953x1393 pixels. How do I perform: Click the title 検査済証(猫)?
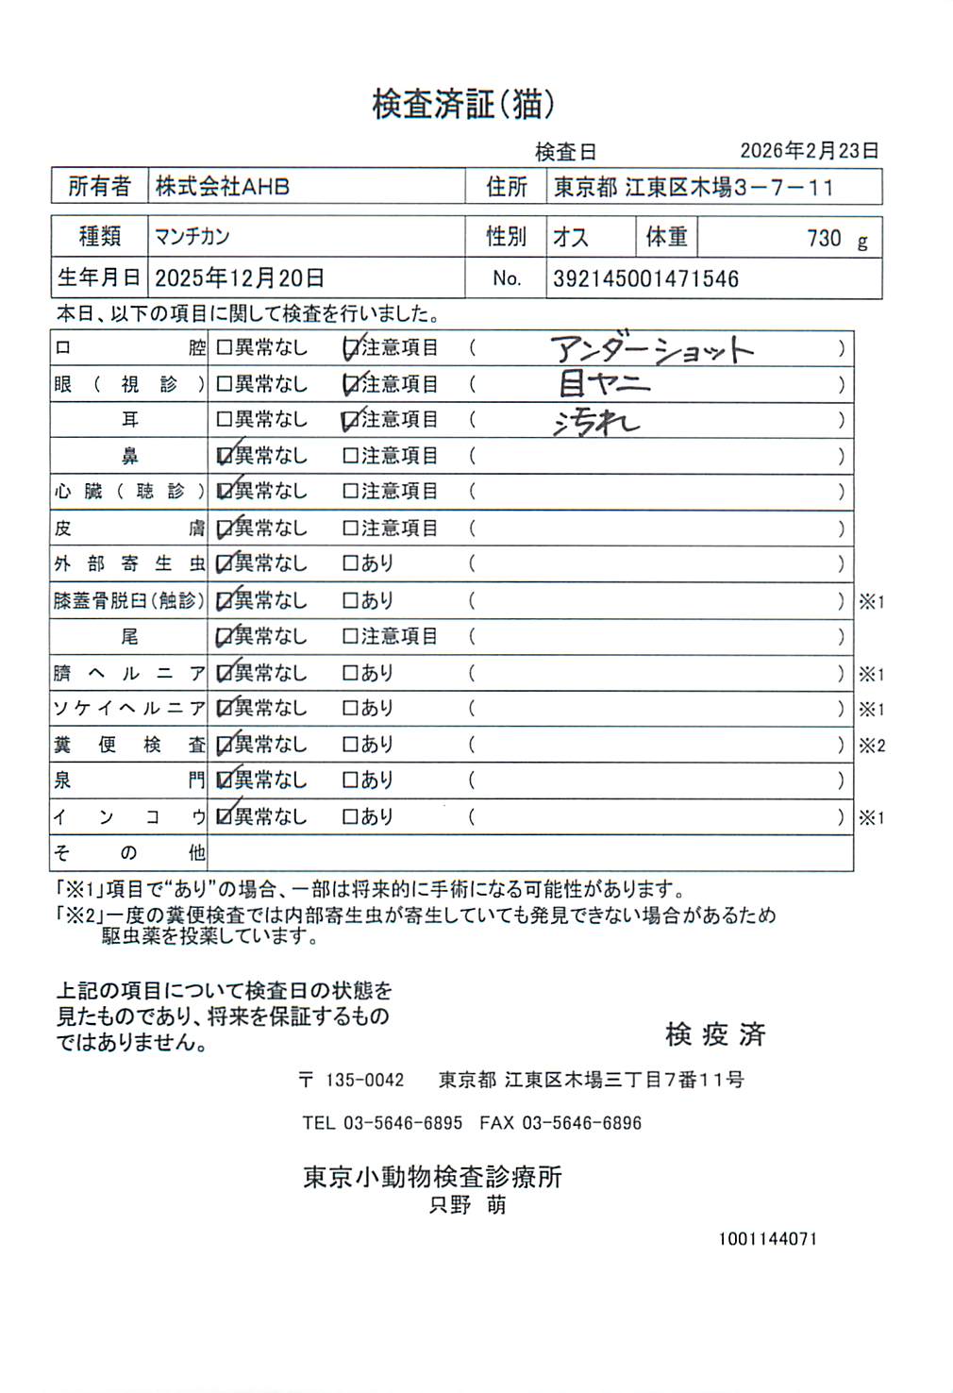(x=463, y=104)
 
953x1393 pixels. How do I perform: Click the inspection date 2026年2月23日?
(x=809, y=151)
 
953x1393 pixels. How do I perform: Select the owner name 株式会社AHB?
(x=223, y=187)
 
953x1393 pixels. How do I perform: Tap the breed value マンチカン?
(x=192, y=236)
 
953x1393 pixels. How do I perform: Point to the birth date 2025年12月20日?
(x=240, y=278)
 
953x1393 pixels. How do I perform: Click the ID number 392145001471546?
(x=645, y=279)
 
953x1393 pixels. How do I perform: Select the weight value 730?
(x=824, y=238)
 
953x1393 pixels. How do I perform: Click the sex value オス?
(x=571, y=237)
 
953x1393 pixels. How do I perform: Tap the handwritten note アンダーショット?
(x=652, y=351)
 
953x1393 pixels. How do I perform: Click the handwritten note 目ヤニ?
(x=604, y=383)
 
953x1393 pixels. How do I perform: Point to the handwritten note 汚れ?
(x=596, y=423)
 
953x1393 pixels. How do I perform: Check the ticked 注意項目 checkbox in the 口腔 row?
(x=350, y=348)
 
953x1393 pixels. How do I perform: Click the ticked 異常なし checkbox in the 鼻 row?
(x=225, y=456)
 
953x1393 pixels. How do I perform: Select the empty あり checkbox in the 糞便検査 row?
(x=350, y=745)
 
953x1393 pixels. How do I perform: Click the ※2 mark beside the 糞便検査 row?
(x=871, y=746)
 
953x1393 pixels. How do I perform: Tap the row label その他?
(x=129, y=853)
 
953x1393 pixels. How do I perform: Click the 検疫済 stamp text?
(x=715, y=1034)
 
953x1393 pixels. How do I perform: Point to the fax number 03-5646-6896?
(x=581, y=1123)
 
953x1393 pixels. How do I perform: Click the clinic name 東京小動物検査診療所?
(x=432, y=1177)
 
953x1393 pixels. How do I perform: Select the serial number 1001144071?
(x=767, y=1239)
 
